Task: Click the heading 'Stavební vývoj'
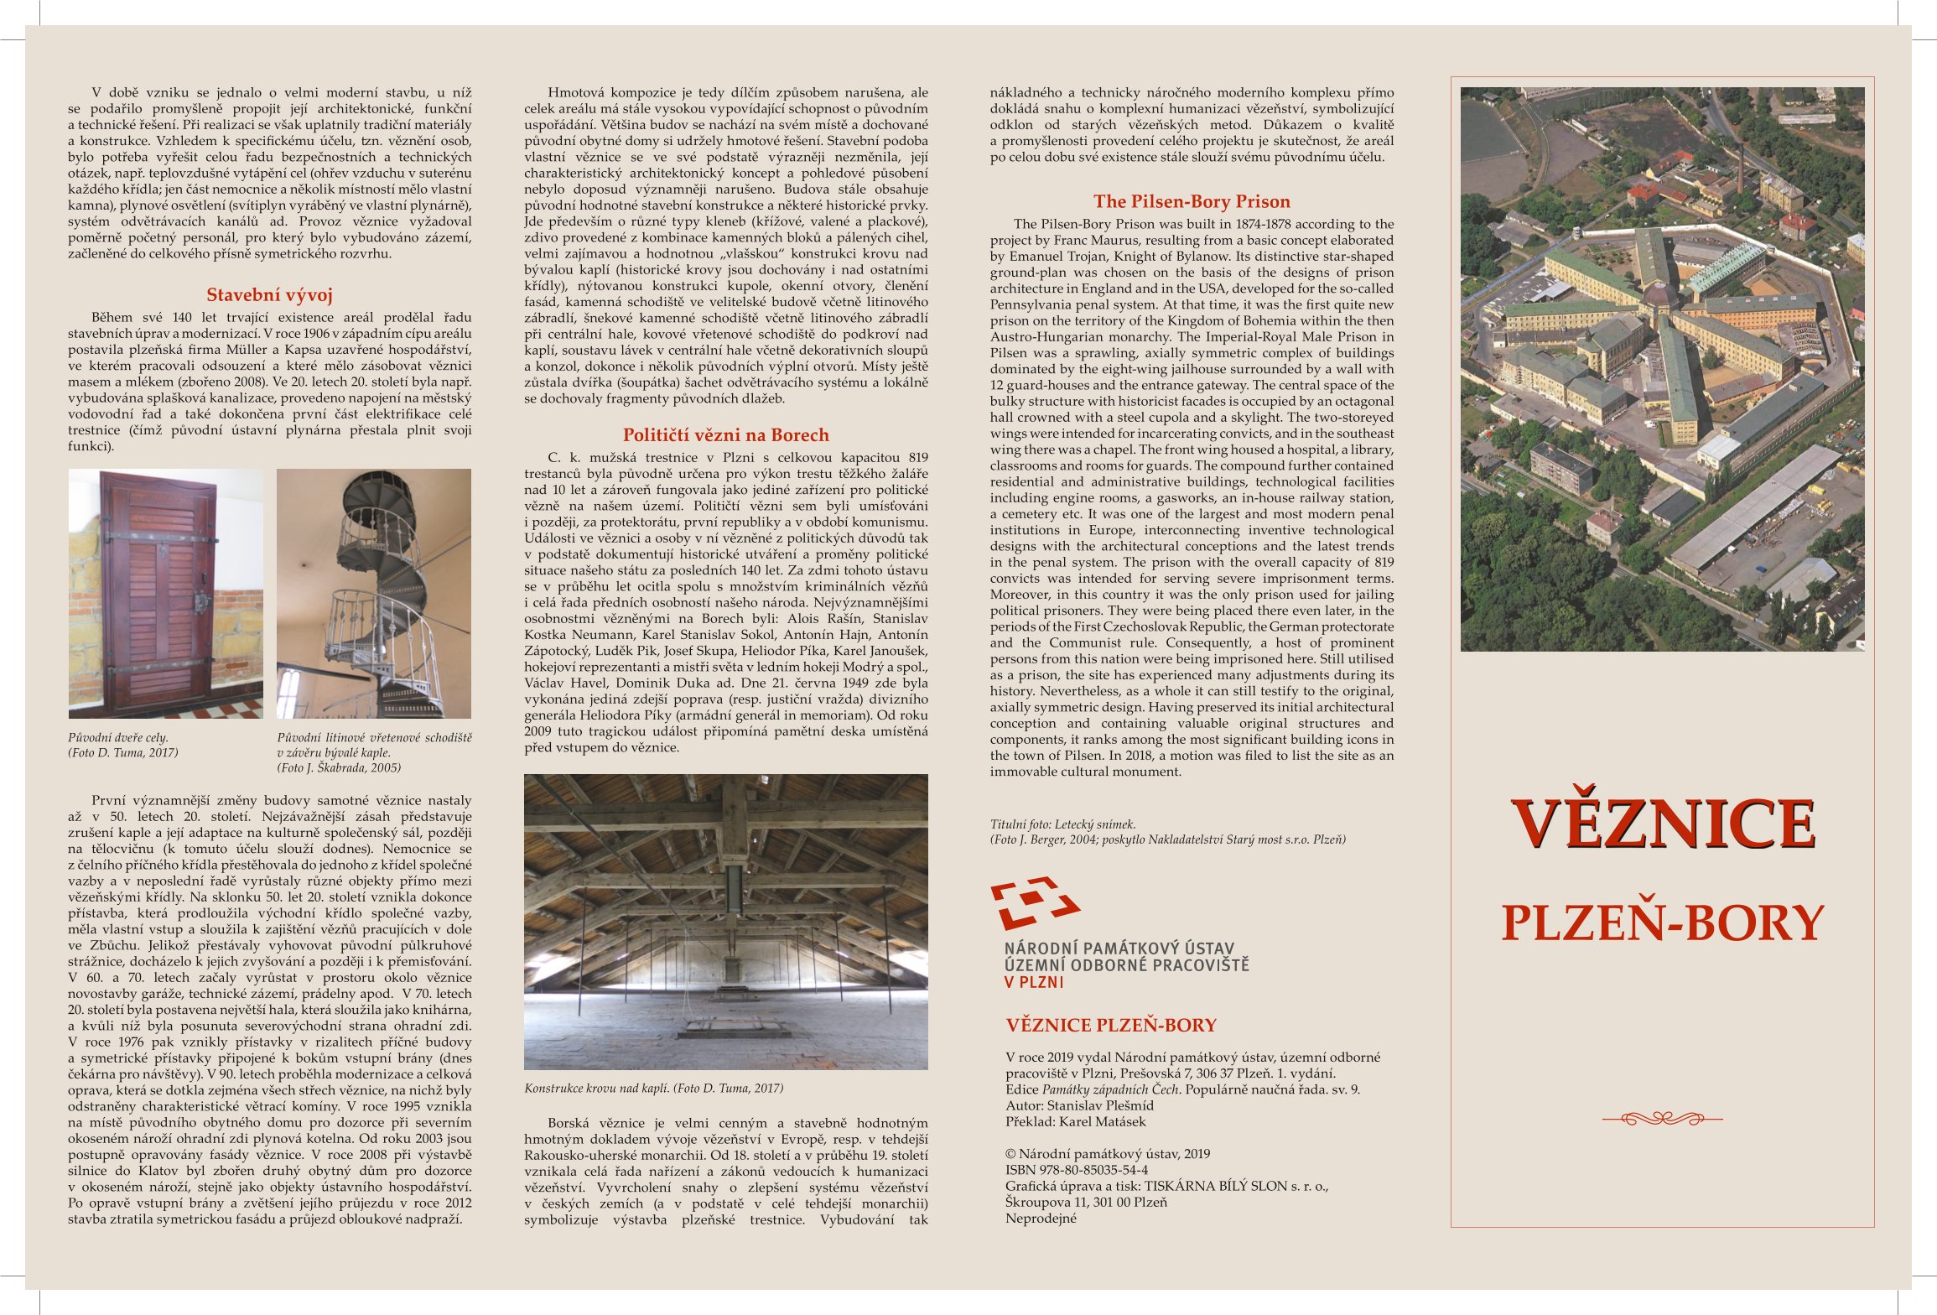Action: point(269,295)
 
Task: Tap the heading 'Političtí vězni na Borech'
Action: point(725,435)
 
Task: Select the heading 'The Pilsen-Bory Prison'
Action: point(1191,202)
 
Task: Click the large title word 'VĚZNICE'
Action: point(1663,824)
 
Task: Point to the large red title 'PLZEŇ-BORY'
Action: point(1662,923)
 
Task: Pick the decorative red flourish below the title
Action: point(1662,1118)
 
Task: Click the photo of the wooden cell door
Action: point(165,593)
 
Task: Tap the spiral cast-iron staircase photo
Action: point(374,593)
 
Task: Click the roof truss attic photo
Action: point(725,921)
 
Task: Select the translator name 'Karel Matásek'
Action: point(1102,1121)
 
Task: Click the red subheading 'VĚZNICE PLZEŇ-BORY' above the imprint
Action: point(1110,1025)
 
